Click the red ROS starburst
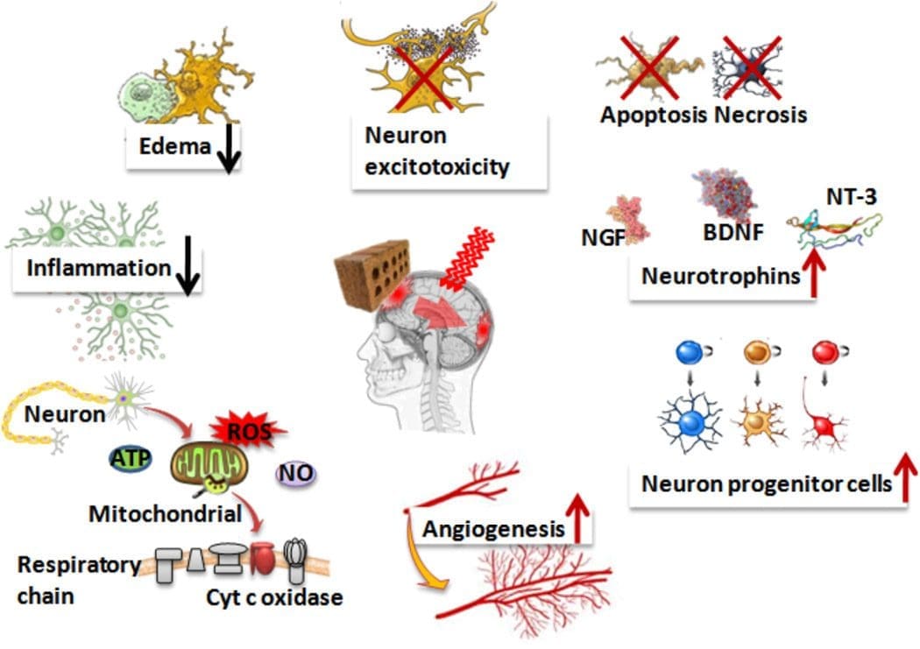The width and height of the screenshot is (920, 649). pos(249,431)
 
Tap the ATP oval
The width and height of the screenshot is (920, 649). pos(131,458)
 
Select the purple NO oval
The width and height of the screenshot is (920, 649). pos(296,473)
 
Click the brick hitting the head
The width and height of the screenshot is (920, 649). pos(372,272)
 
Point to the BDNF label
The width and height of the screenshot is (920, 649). pos(733,232)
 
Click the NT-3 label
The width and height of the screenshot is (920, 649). pos(852,197)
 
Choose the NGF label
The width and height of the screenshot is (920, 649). pos(603,237)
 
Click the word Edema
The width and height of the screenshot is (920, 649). pos(175,146)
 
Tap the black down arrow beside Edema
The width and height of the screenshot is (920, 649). pos(229,148)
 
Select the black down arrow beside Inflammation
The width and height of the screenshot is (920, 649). pos(188,265)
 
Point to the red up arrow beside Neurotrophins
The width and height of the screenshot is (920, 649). pos(814,272)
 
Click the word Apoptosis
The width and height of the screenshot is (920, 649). pos(653,115)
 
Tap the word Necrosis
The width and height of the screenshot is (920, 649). pos(761,115)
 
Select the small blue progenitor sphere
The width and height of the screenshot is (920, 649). pos(690,352)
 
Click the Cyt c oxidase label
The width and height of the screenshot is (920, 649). pos(274,597)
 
